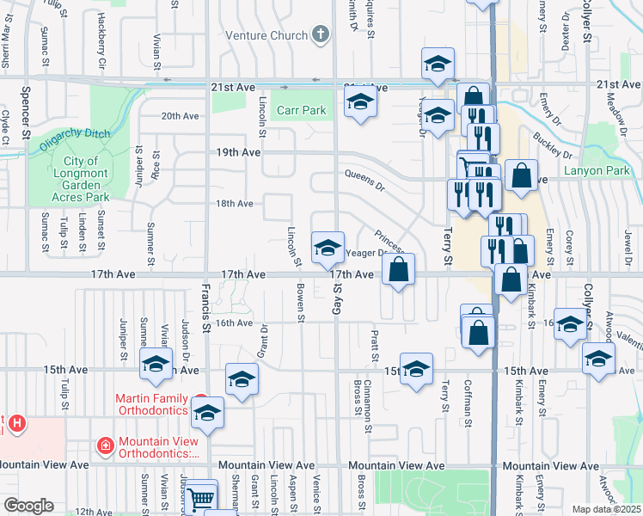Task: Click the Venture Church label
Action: [x=266, y=35]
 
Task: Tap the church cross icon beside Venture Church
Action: [x=321, y=35]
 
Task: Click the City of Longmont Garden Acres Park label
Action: [x=79, y=179]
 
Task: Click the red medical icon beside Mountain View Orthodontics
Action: [x=104, y=445]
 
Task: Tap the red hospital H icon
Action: [x=17, y=424]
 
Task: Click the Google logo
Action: [x=28, y=506]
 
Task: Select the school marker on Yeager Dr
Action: [x=328, y=248]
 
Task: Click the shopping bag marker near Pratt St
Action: [x=399, y=270]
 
